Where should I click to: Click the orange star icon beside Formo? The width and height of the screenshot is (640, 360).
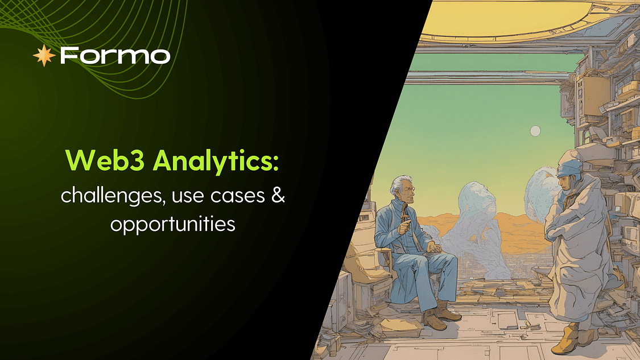(x=44, y=55)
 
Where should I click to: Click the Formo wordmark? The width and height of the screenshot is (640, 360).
(x=114, y=55)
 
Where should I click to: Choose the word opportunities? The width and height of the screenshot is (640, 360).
(x=172, y=224)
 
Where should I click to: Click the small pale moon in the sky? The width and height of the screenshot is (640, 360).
(x=535, y=131)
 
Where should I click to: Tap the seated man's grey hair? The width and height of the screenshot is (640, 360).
(x=400, y=183)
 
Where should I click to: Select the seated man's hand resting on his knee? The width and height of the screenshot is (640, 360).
(x=433, y=247)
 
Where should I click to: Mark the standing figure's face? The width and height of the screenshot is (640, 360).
(x=562, y=183)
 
